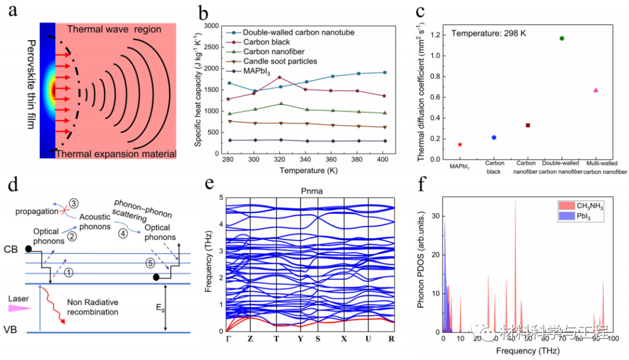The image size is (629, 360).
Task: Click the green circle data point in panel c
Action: [x=561, y=38]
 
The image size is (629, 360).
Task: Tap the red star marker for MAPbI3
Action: [x=460, y=144]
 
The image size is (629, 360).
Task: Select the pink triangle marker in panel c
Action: [x=596, y=90]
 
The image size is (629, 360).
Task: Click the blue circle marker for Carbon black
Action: [x=494, y=137]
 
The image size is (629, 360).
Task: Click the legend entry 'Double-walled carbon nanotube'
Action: [x=298, y=33]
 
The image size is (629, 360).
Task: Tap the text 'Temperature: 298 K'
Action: [x=488, y=34]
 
